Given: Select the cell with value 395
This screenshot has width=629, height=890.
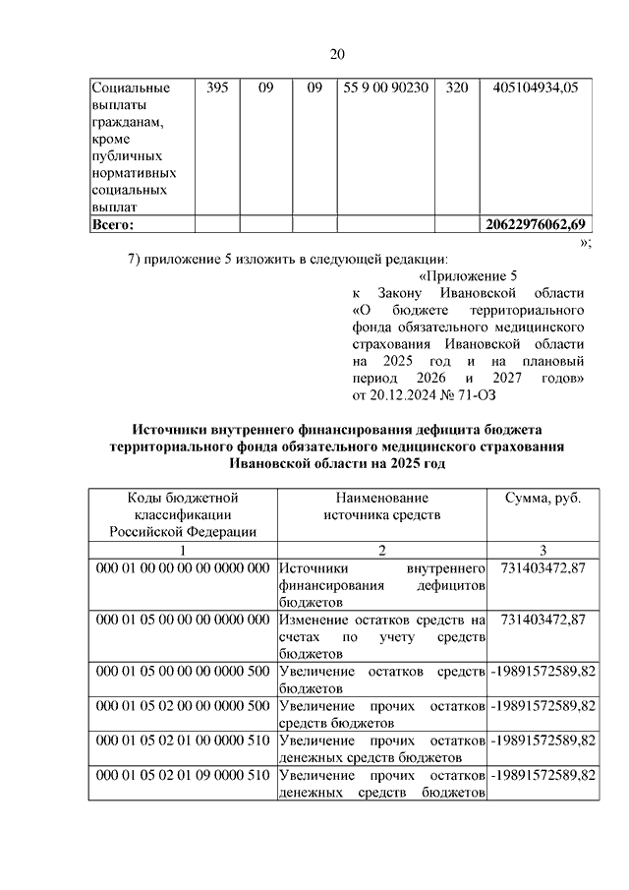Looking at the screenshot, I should point(218,88).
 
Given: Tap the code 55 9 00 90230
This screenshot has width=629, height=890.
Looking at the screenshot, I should point(386,88).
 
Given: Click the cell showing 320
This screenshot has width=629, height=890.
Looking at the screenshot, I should point(456,88).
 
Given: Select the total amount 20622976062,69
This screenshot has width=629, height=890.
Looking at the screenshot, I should point(539,225).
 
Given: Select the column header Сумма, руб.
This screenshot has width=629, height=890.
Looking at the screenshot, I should point(543,498).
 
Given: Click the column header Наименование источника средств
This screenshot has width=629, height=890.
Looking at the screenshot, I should point(382,505).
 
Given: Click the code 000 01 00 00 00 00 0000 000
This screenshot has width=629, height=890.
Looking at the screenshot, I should point(183,568).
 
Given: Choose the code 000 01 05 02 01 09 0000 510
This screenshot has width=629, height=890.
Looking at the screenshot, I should point(183,775).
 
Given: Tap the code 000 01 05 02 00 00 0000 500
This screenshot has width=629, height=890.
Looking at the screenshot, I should point(183,706).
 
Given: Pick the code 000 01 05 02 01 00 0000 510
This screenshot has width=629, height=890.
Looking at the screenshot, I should point(183,741).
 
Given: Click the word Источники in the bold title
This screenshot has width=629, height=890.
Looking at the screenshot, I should point(169,429).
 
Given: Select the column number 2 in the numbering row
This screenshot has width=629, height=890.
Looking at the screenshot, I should point(382,550).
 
